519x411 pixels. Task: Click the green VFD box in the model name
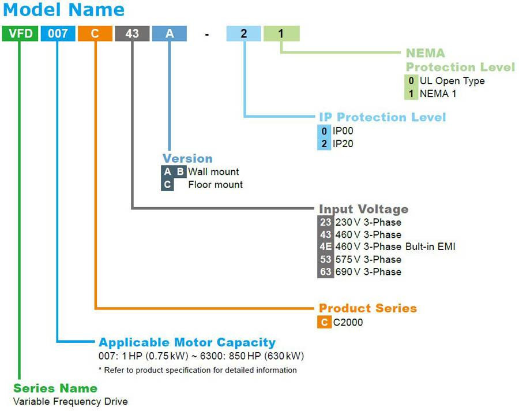click(x=20, y=33)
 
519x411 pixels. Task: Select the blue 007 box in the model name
click(x=58, y=33)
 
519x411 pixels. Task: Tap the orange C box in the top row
click(x=95, y=33)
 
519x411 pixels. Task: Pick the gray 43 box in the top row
click(x=132, y=33)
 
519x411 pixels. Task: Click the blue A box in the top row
click(x=170, y=33)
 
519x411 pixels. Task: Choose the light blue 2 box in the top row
click(x=243, y=33)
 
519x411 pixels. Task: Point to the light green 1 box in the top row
click(x=281, y=33)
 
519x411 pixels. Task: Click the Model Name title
click(x=63, y=10)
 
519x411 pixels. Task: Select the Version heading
click(x=187, y=158)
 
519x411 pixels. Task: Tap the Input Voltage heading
click(x=363, y=209)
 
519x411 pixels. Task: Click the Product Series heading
click(x=367, y=308)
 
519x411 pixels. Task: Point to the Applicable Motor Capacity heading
click(x=187, y=342)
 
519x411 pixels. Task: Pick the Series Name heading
click(x=55, y=388)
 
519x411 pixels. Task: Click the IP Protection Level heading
click(x=382, y=117)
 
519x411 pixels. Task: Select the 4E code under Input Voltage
click(x=325, y=246)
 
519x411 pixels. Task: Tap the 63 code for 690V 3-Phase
click(x=325, y=271)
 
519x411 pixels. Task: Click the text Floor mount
click(x=215, y=185)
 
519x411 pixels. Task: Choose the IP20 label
click(x=343, y=143)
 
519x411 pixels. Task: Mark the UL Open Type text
click(x=452, y=81)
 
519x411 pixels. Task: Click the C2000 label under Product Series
click(x=348, y=322)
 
